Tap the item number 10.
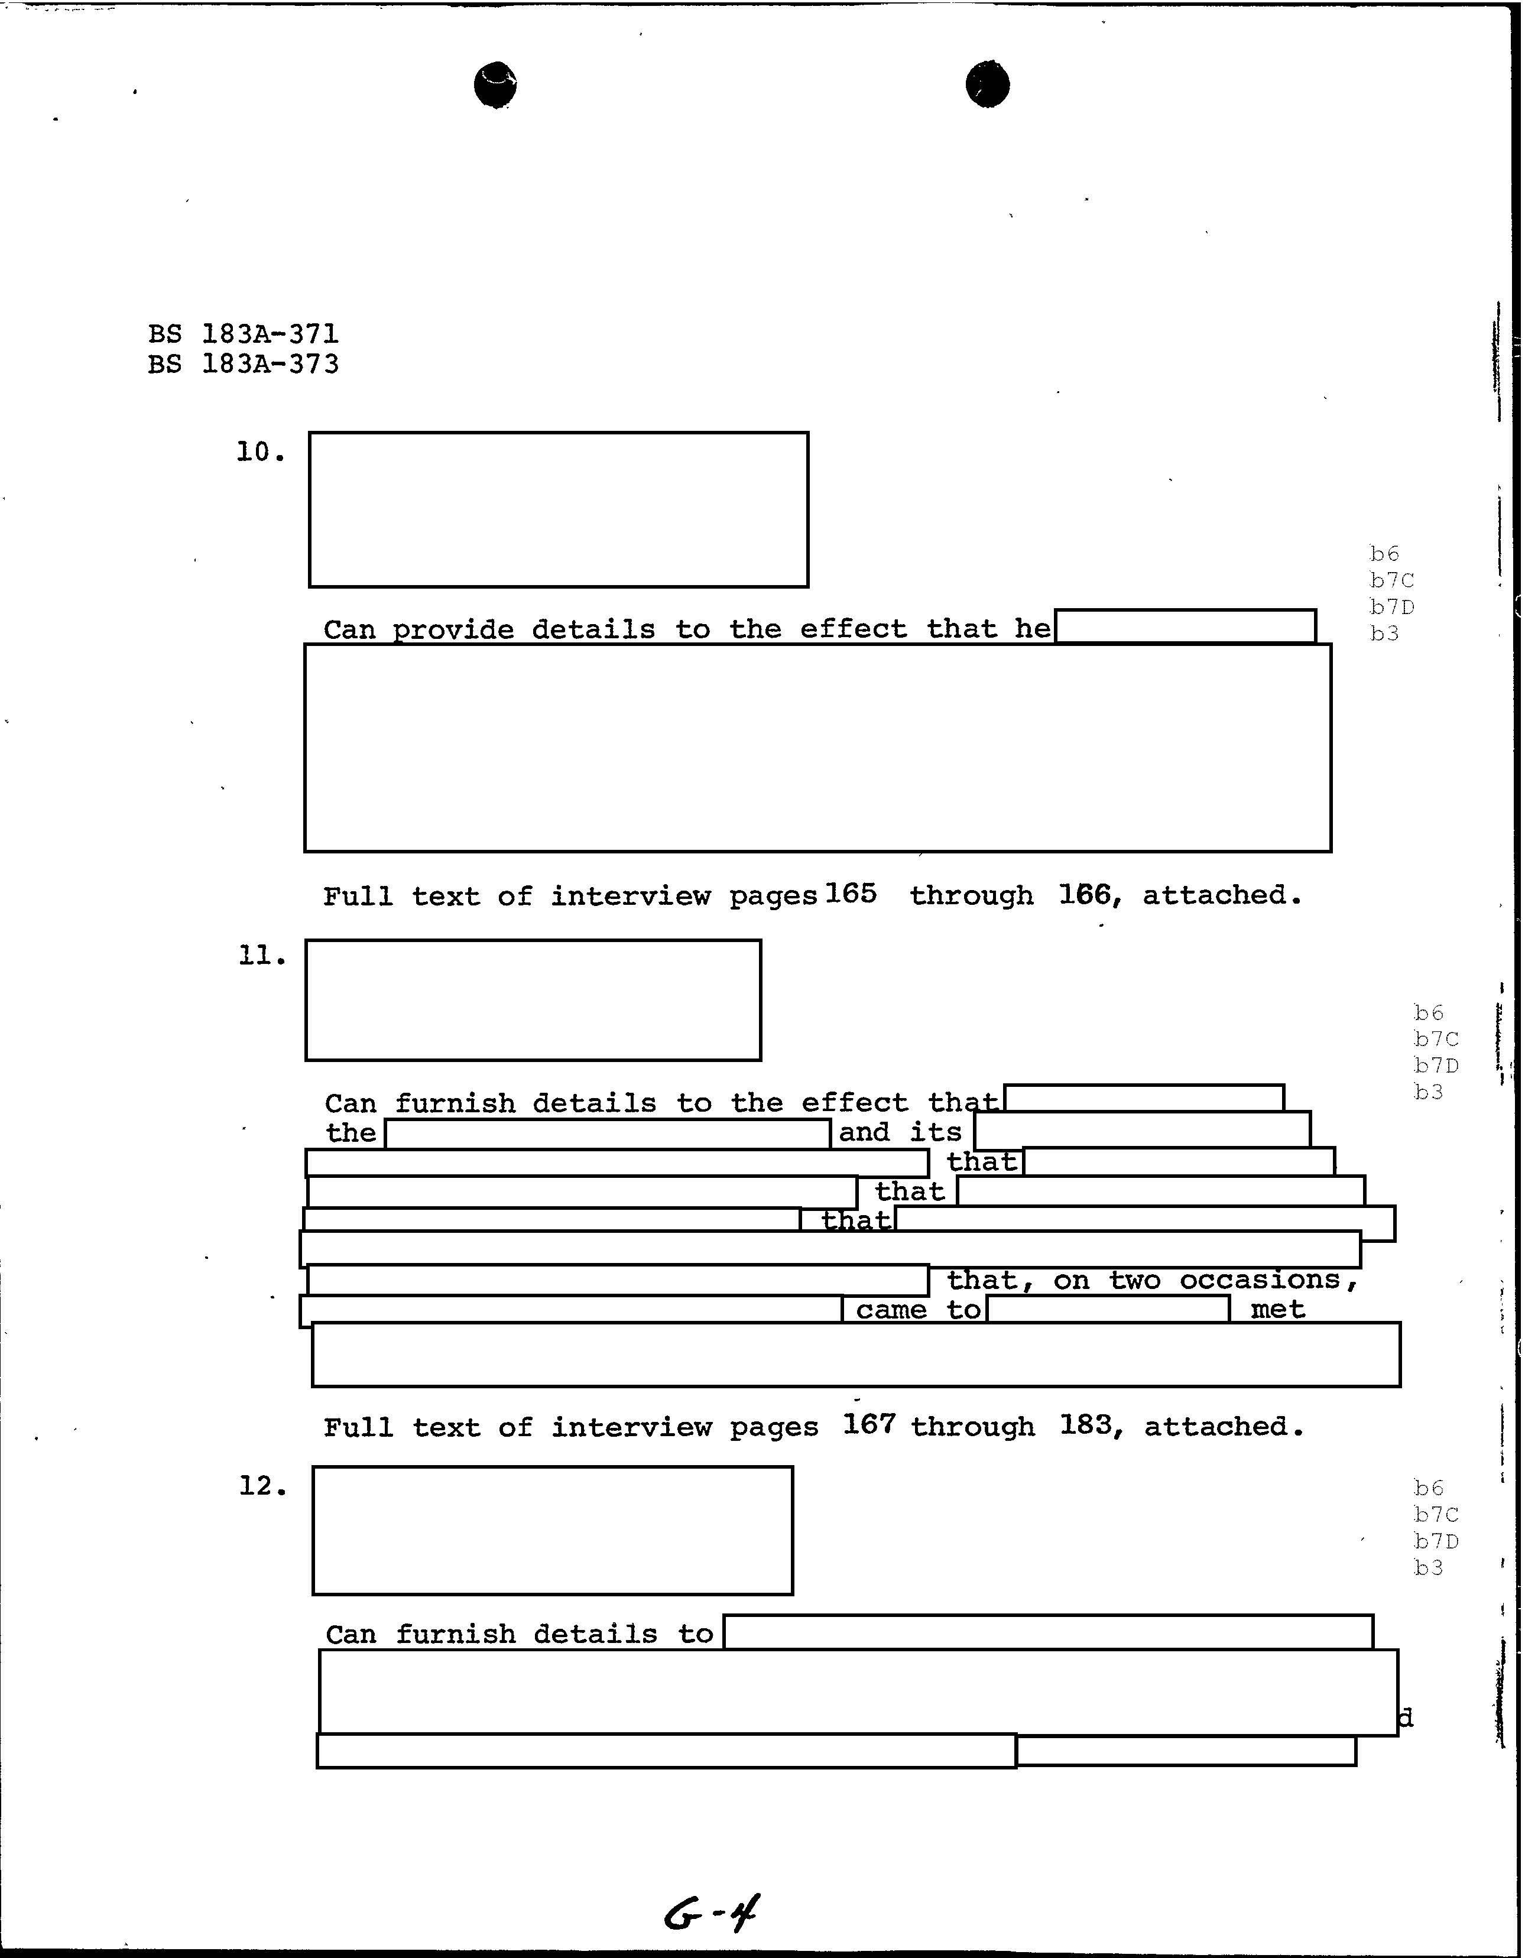(x=260, y=453)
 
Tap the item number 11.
(x=262, y=957)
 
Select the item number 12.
(x=262, y=1486)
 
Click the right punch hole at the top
(x=987, y=85)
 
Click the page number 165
(x=851, y=894)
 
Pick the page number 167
(x=869, y=1424)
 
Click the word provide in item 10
(x=453, y=629)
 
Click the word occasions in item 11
(x=1260, y=1280)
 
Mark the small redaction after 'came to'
(x=1108, y=1310)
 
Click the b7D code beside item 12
(x=1436, y=1541)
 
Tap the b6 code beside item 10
(x=1384, y=553)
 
